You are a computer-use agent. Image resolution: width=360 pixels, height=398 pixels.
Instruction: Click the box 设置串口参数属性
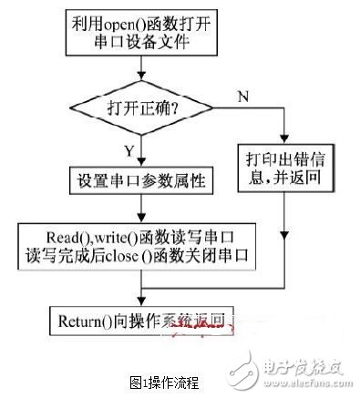(138, 180)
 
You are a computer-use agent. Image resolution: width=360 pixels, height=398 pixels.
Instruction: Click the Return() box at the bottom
(146, 320)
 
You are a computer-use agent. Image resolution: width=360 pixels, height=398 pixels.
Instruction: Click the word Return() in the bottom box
(87, 320)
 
